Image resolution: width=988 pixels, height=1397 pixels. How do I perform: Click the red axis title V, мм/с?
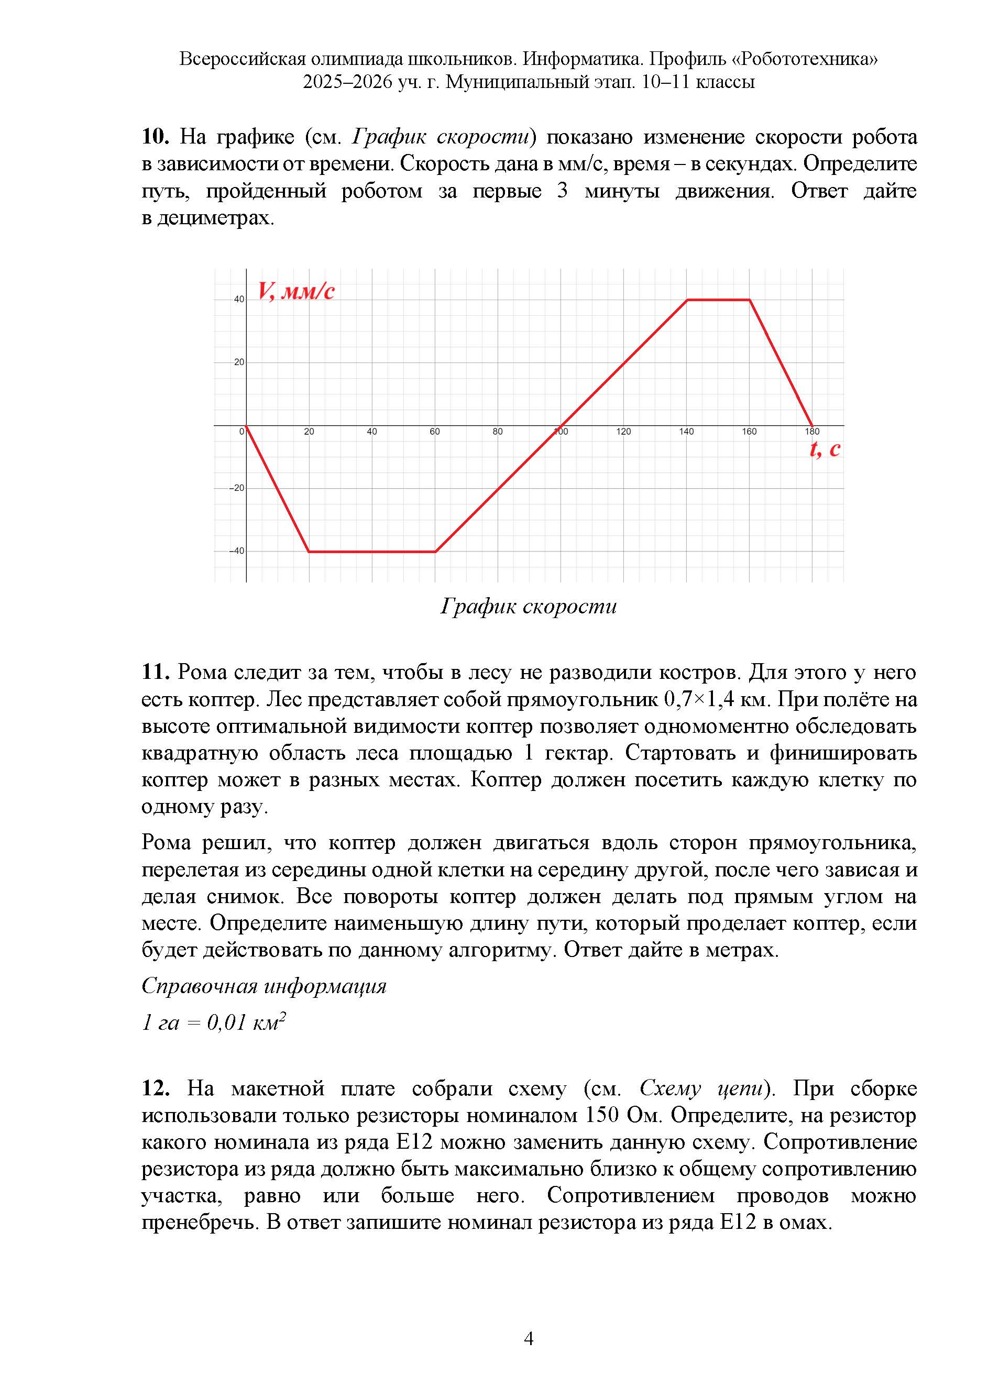coord(297,291)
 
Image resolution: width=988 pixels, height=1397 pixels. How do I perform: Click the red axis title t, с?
coord(825,449)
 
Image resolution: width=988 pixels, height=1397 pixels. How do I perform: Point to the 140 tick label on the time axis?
coord(686,432)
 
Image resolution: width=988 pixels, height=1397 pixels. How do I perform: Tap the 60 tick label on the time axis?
coord(434,432)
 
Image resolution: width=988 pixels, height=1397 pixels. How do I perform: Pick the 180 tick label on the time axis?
coord(812,432)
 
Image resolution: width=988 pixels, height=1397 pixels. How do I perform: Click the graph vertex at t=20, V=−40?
coord(309,551)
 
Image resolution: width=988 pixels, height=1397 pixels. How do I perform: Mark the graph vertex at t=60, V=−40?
coord(435,551)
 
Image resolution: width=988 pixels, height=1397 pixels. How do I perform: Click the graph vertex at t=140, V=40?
coord(687,300)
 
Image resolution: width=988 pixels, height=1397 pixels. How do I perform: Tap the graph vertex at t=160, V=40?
coord(750,300)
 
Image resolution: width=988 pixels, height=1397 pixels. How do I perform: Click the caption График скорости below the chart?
coord(528,606)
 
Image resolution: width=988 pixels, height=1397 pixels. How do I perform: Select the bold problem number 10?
coord(155,137)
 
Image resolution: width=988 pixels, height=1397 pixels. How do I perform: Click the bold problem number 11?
coord(155,673)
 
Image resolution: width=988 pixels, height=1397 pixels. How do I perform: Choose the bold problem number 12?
coord(155,1088)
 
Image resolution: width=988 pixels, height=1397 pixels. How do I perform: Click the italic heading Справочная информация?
coord(264,986)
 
